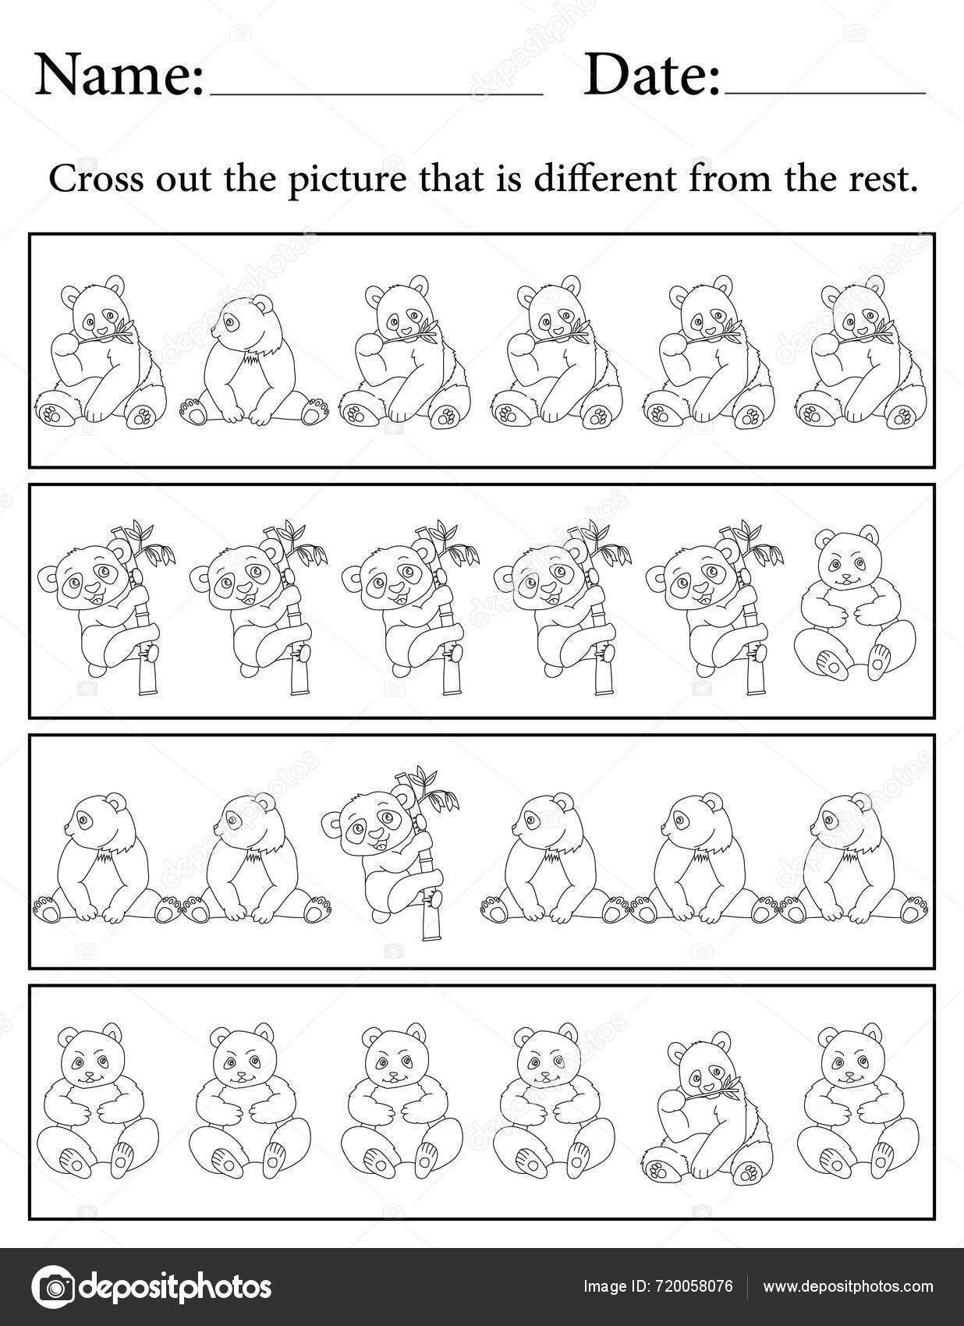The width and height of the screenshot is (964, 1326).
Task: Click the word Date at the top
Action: point(652,75)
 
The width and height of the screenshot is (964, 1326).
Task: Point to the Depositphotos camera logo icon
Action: point(52,1286)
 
